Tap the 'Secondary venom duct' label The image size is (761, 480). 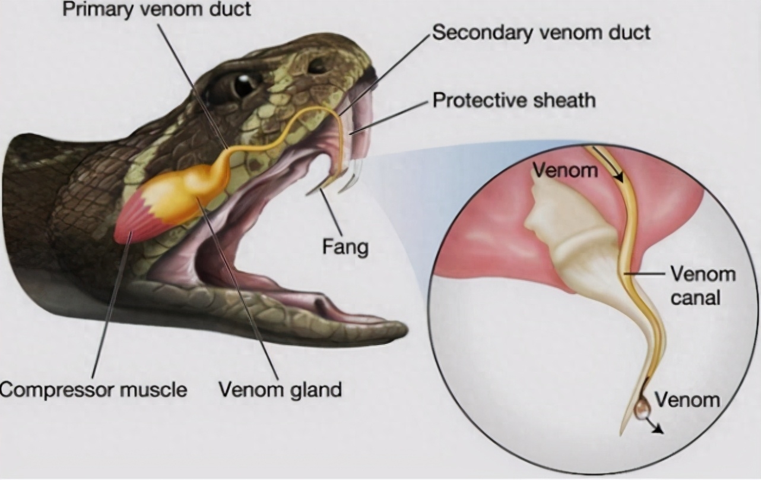click(x=541, y=33)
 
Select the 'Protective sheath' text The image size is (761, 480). click(x=513, y=100)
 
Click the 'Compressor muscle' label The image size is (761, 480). click(x=93, y=390)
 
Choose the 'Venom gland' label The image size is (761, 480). click(x=280, y=390)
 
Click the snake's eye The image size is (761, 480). click(x=243, y=85)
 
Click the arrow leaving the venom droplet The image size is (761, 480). click(x=655, y=427)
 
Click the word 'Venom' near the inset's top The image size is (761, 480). click(x=564, y=170)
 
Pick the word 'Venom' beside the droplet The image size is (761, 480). click(x=687, y=400)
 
